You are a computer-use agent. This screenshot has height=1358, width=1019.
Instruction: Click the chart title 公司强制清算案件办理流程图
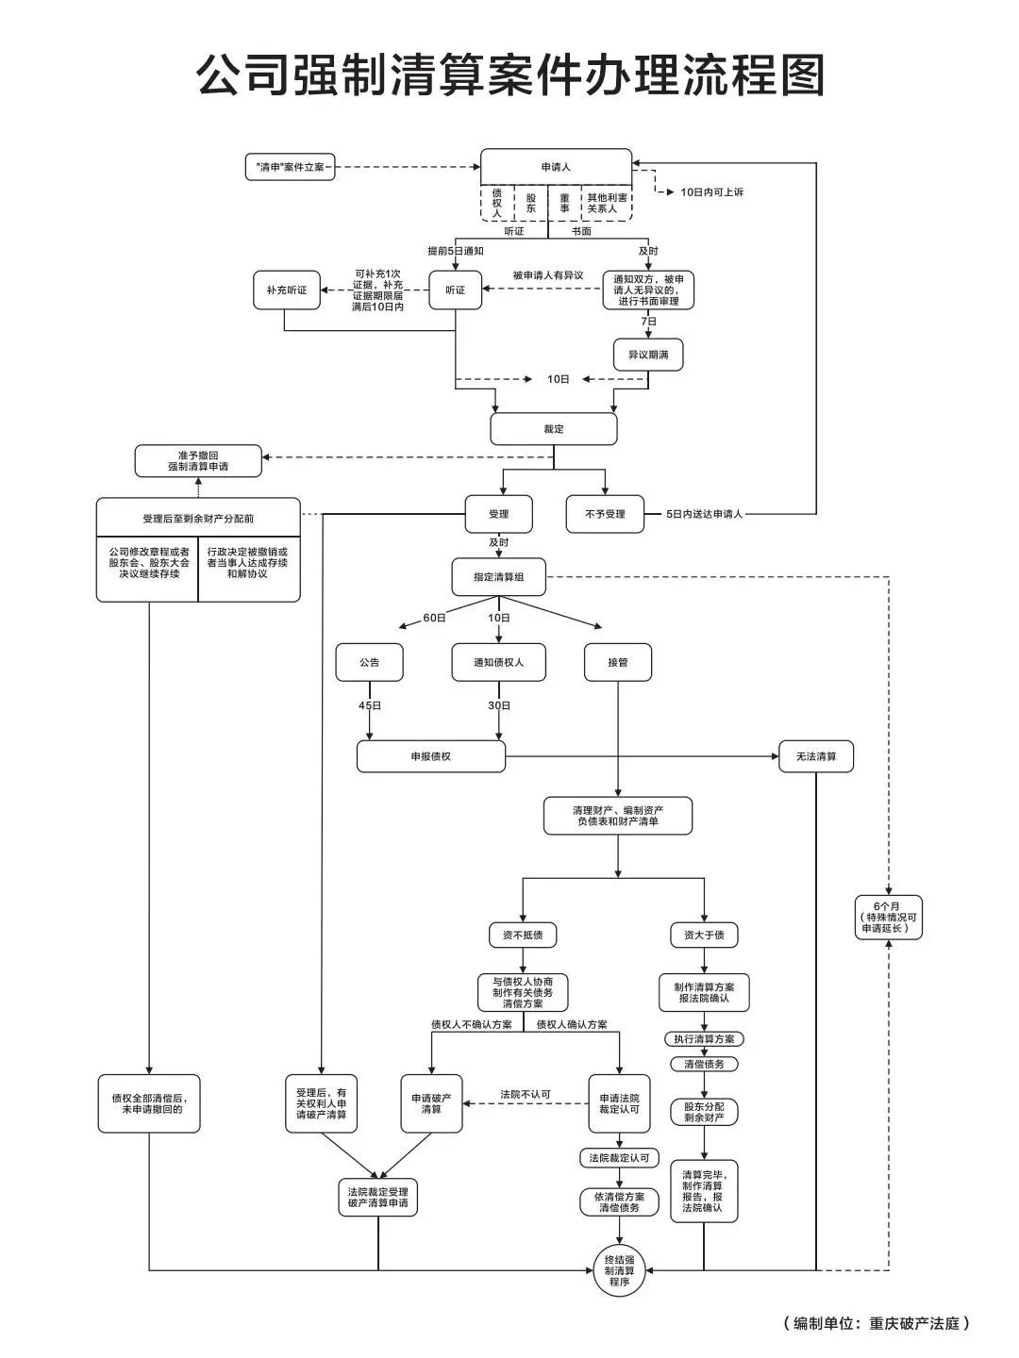point(510,75)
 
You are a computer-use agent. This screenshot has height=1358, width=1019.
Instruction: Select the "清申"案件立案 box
point(290,168)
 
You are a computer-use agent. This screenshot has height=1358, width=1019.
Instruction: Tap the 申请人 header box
point(556,167)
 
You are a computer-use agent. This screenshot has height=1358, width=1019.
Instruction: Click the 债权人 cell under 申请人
point(497,203)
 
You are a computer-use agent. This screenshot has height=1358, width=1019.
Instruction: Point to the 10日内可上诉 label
point(711,192)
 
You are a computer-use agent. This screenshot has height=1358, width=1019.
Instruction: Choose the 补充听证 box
point(287,290)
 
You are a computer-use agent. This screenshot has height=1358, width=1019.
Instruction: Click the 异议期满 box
point(648,355)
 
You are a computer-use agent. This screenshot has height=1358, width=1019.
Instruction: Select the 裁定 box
point(554,429)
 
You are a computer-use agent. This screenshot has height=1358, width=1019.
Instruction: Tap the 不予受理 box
point(605,514)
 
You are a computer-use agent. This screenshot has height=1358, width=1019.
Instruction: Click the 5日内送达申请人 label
point(705,514)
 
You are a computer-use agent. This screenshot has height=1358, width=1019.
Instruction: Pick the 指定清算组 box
point(499,576)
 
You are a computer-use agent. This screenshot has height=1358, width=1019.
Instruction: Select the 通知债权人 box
point(498,662)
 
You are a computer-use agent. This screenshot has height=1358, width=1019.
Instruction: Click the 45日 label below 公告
point(370,705)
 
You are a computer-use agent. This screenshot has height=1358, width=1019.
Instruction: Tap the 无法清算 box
point(816,756)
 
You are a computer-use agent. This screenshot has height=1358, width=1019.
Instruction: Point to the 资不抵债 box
point(523,935)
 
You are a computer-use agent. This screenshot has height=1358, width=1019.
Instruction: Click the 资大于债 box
point(704,935)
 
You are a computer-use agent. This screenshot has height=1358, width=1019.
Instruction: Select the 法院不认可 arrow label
point(526,1095)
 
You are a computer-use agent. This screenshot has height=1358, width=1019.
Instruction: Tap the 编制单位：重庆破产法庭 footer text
point(877,1323)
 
